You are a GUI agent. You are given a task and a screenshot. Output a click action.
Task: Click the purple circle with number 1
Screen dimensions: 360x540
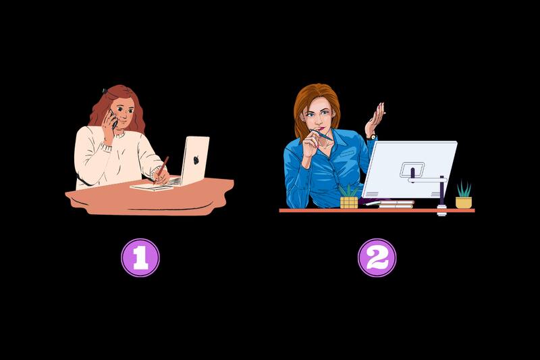click(140, 258)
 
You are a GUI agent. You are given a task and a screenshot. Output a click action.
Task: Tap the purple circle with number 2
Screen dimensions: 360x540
click(377, 258)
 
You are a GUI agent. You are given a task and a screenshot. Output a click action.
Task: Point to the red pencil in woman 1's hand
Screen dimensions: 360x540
click(163, 166)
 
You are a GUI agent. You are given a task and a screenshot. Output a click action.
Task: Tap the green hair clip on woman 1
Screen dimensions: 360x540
click(105, 91)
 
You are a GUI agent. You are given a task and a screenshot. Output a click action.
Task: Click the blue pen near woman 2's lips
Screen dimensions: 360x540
click(323, 135)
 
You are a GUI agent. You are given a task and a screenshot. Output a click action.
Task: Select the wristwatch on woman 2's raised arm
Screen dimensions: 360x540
click(371, 136)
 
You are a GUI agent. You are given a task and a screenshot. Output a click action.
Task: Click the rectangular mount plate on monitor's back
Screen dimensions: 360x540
click(412, 169)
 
